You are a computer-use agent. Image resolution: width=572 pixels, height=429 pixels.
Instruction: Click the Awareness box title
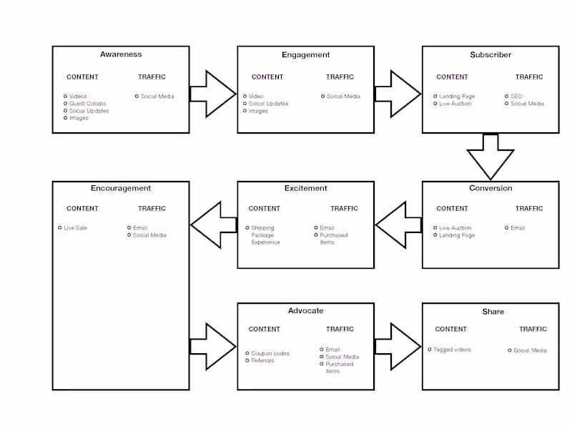(x=121, y=54)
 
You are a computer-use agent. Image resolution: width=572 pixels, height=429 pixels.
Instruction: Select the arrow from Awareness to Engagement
(x=213, y=94)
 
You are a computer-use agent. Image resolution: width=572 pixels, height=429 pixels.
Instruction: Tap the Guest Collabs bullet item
(x=87, y=104)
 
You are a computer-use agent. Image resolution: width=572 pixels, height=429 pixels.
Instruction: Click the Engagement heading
(x=305, y=54)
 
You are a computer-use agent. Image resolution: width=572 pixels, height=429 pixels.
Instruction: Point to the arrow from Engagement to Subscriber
(x=398, y=94)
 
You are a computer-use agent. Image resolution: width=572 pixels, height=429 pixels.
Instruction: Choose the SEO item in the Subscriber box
(x=516, y=97)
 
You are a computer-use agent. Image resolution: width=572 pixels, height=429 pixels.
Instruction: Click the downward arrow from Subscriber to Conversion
(x=490, y=157)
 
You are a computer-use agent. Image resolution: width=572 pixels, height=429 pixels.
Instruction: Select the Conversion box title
(x=490, y=188)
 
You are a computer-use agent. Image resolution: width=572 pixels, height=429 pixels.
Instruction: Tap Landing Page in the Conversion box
(x=456, y=235)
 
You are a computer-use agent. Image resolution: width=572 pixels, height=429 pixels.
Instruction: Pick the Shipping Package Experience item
(x=265, y=235)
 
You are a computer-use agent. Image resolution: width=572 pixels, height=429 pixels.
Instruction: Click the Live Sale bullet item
(x=75, y=228)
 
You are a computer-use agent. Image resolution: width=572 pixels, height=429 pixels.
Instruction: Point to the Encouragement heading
(x=121, y=188)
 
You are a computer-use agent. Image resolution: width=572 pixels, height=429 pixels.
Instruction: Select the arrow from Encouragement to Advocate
(x=213, y=347)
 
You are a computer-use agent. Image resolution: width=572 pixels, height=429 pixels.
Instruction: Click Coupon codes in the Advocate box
(x=270, y=353)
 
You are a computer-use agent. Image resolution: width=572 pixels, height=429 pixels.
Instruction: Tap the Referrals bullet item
(x=262, y=360)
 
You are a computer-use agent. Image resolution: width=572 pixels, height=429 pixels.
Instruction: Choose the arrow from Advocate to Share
(x=398, y=347)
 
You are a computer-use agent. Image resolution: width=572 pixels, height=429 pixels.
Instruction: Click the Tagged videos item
(x=452, y=350)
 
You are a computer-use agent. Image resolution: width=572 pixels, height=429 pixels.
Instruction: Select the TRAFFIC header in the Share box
(x=533, y=329)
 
